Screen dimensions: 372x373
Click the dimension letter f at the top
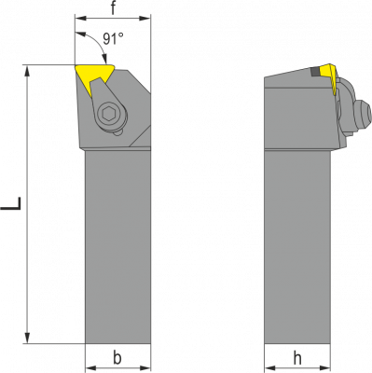pyautogui.click(x=113, y=8)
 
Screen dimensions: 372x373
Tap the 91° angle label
pyautogui.click(x=113, y=39)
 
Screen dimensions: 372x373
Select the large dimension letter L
pyautogui.click(x=11, y=203)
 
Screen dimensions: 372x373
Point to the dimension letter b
pyautogui.click(x=117, y=358)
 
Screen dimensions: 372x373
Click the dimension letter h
pyautogui.click(x=297, y=359)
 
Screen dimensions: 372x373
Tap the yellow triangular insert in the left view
pyautogui.click(x=94, y=76)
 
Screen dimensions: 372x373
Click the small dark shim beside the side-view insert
pyautogui.click(x=315, y=72)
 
